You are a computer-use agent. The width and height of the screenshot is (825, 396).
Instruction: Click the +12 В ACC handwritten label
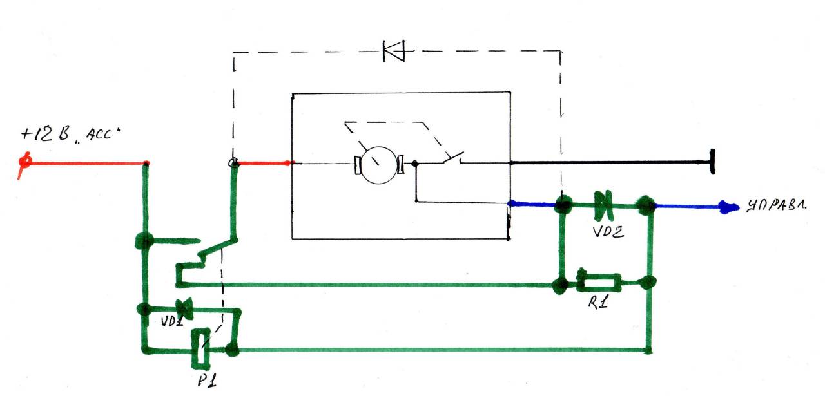tap(70, 134)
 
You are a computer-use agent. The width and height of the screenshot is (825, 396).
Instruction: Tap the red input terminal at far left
tap(25, 162)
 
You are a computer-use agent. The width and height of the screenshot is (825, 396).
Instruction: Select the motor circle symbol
tap(378, 165)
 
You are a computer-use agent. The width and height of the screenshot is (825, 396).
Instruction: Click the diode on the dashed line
tap(394, 51)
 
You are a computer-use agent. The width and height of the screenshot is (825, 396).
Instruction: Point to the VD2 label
tap(608, 232)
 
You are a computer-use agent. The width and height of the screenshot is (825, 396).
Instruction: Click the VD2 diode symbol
tap(603, 204)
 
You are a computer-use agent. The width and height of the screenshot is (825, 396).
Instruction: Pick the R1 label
tap(597, 302)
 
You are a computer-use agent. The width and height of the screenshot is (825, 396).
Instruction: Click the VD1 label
tap(172, 321)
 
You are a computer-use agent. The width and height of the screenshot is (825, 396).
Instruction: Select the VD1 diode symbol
tap(184, 308)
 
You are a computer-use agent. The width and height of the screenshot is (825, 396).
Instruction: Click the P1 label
tap(207, 380)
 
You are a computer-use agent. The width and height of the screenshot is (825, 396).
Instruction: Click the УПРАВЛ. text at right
tap(777, 205)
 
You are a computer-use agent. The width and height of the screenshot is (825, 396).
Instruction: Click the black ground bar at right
tap(713, 162)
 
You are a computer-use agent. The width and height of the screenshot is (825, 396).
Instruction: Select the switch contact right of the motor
tap(453, 158)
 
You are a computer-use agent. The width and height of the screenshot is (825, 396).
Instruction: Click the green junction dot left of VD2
tap(563, 204)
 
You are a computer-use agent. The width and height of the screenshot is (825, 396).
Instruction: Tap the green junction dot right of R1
tap(648, 283)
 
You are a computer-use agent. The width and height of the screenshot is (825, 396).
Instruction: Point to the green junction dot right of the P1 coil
tap(233, 350)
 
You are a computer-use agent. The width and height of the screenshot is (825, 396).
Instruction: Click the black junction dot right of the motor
tap(415, 163)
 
